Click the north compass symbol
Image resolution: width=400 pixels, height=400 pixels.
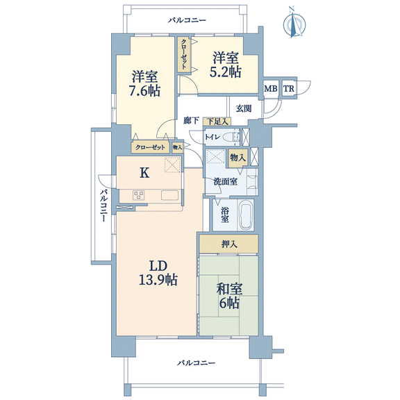[x=294, y=24]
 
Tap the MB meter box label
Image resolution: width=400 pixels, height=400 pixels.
[x=270, y=89]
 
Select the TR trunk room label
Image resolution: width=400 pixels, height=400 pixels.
[x=288, y=89]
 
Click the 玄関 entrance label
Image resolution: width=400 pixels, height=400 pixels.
[x=244, y=108]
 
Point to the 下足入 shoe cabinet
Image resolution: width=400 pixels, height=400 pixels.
[x=217, y=122]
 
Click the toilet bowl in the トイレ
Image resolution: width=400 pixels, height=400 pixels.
[x=231, y=137]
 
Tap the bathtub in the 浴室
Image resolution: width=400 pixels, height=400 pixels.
[x=245, y=215]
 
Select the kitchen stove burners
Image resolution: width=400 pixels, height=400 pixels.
[x=138, y=195]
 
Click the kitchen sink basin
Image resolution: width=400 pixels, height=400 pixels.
[x=169, y=195]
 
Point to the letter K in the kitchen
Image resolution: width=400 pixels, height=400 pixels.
[x=144, y=173]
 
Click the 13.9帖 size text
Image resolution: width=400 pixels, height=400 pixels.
[x=158, y=280]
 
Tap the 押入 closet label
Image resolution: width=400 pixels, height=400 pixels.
[x=229, y=244]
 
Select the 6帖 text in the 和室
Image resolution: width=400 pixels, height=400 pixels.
[x=229, y=303]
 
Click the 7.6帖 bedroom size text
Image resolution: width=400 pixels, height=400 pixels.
[x=145, y=90]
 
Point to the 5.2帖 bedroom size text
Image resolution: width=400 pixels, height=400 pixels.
[x=225, y=72]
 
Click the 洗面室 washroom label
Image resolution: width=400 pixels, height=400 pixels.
[x=226, y=182]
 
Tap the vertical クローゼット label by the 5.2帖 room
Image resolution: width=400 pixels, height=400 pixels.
[x=184, y=54]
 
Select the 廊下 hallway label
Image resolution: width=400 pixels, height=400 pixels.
[x=192, y=120]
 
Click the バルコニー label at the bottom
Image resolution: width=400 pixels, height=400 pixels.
[x=196, y=362]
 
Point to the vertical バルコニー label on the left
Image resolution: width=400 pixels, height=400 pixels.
[x=103, y=206]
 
